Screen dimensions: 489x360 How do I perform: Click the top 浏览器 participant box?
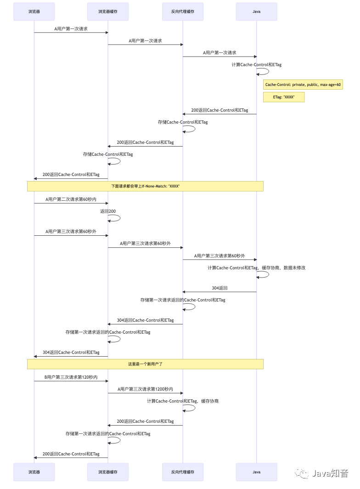click(x=34, y=11)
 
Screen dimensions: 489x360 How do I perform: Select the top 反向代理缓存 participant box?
click(x=182, y=11)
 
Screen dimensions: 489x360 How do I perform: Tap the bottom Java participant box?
click(x=256, y=472)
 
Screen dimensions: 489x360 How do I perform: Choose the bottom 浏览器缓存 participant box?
click(x=108, y=472)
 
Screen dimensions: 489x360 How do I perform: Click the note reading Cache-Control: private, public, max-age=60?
click(x=303, y=85)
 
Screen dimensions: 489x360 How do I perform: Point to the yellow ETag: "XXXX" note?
click(x=283, y=97)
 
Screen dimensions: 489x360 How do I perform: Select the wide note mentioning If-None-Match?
click(x=145, y=186)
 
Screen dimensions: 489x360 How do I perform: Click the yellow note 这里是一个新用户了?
click(x=145, y=364)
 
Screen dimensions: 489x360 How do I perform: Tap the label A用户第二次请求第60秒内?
click(x=71, y=199)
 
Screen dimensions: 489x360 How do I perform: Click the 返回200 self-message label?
click(x=108, y=211)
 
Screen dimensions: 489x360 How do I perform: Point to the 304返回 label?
click(x=219, y=288)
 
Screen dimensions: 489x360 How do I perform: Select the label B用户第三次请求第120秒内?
click(x=71, y=377)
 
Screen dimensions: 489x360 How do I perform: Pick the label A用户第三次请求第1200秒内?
click(x=145, y=389)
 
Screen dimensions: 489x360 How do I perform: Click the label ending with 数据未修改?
click(x=256, y=267)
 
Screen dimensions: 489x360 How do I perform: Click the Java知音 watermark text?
click(x=330, y=473)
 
